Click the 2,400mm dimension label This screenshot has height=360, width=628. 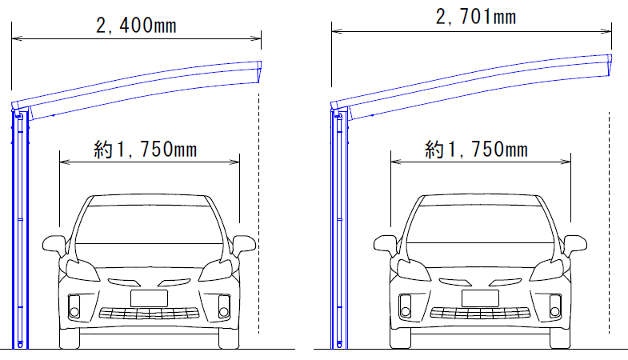136,26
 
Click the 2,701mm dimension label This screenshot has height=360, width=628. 476,17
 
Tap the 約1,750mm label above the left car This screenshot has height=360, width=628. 146,150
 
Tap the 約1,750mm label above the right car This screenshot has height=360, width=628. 476,149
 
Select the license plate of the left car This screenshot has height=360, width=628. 149,298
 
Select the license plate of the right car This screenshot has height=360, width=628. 480,298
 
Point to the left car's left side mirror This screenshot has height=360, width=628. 54,245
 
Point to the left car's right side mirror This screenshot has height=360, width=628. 243,245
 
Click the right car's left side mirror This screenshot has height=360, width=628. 386,245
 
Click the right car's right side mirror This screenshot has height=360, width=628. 574,245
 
